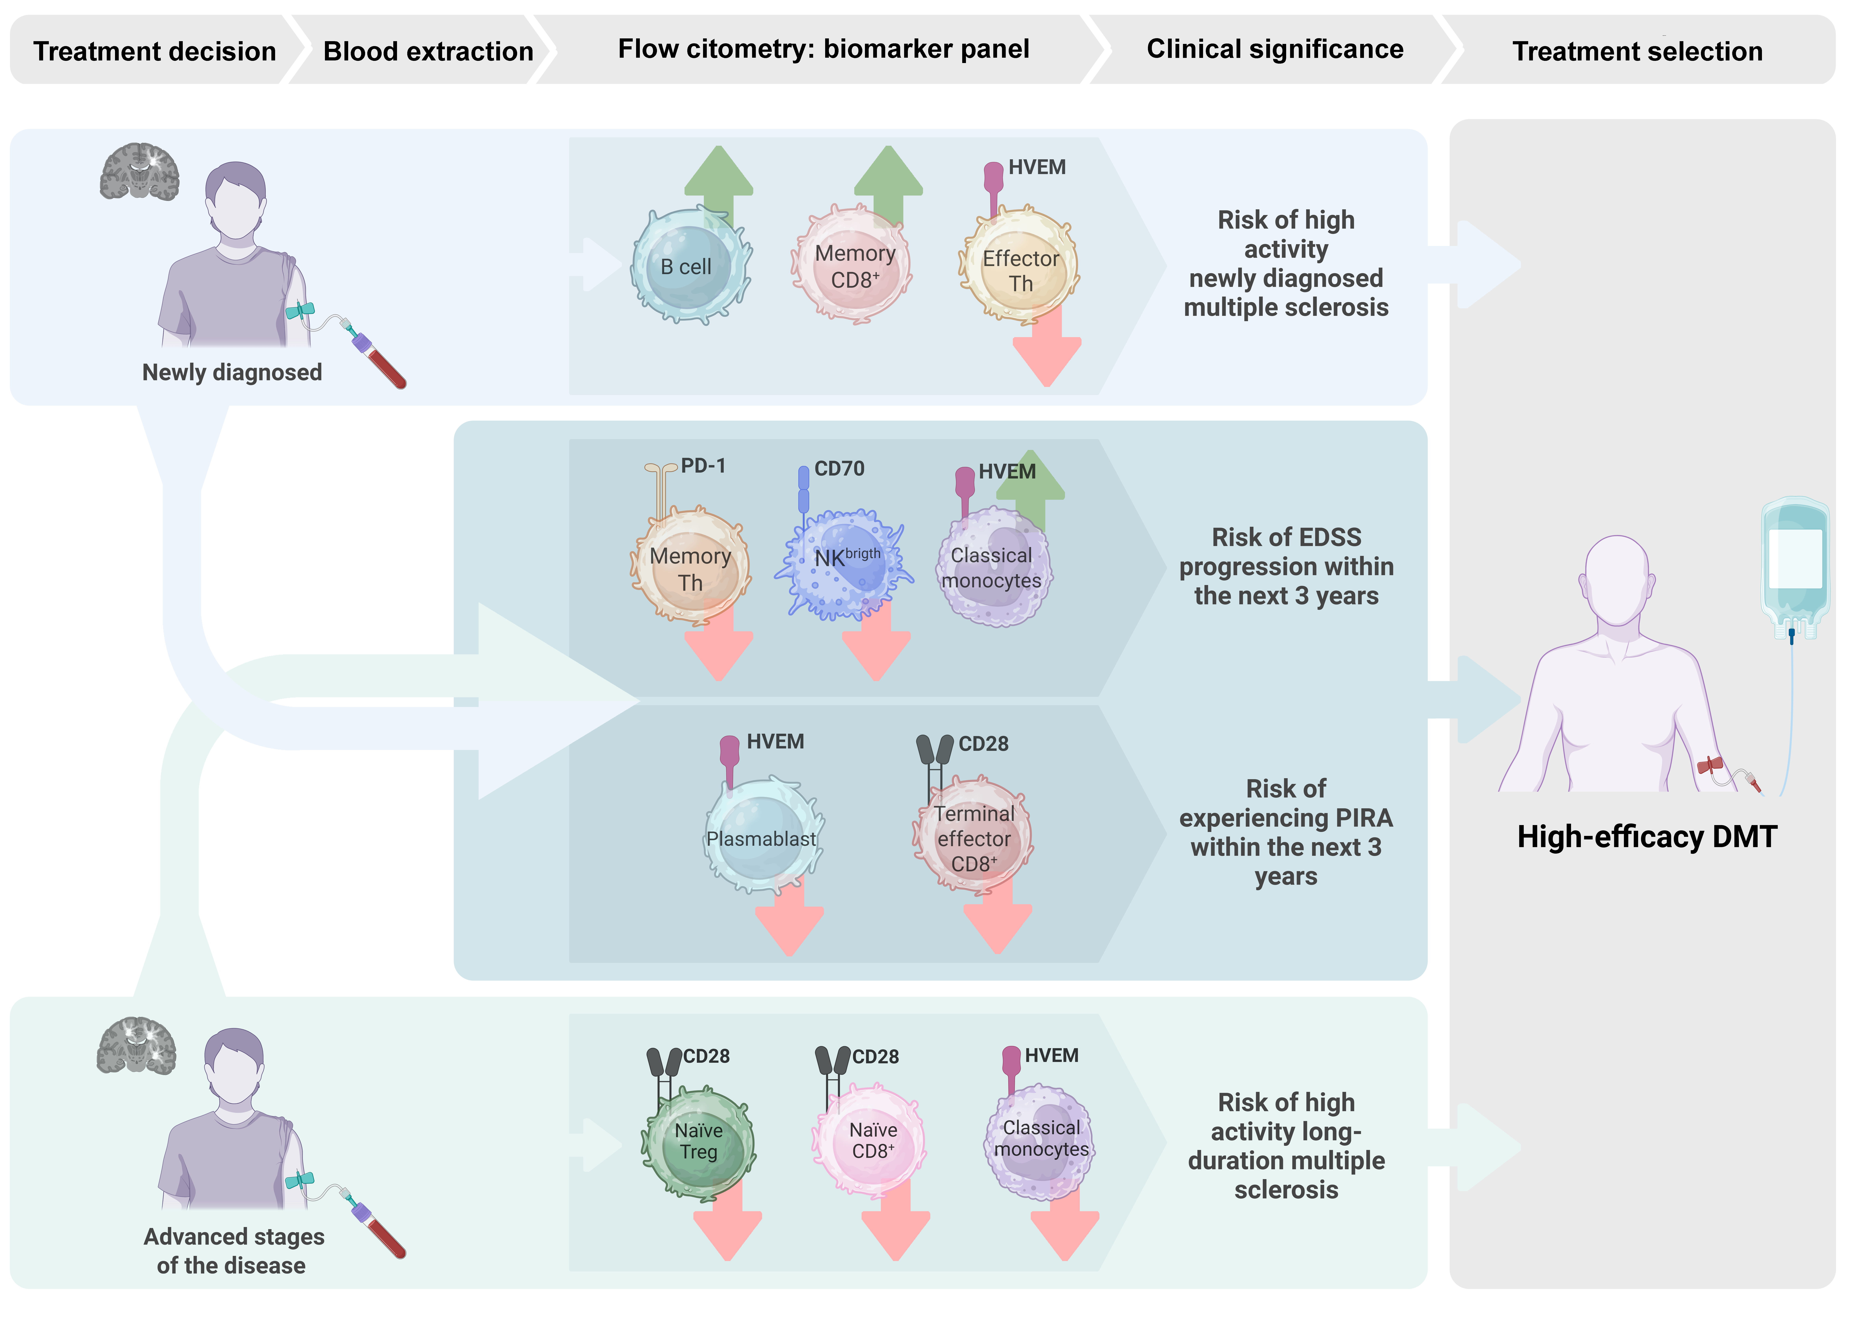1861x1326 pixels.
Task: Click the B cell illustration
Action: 690,267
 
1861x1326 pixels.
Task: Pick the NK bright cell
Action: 845,563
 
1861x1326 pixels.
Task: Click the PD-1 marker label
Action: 703,466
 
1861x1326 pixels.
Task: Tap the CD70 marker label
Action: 840,469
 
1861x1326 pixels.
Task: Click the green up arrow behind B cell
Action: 719,176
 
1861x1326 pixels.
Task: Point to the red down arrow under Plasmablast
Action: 789,923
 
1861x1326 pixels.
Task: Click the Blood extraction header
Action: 428,51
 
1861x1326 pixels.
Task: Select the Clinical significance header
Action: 1275,49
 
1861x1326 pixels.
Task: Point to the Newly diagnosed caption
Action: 232,372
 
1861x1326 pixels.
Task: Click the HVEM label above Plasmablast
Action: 775,741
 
